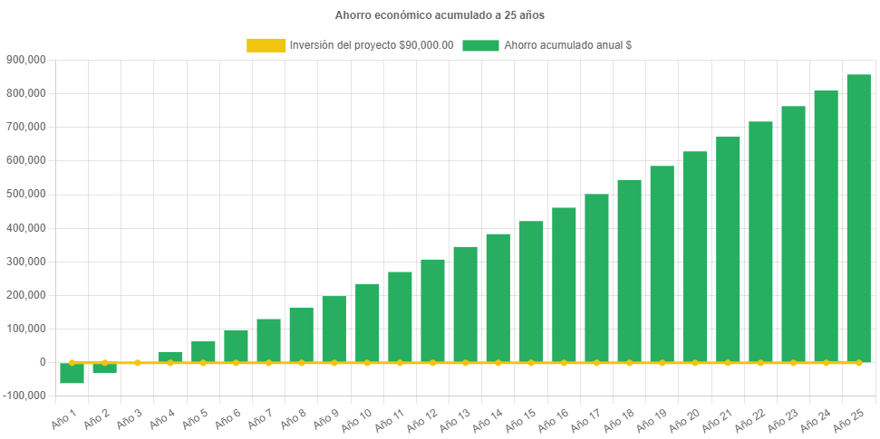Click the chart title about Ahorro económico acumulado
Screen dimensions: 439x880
440,15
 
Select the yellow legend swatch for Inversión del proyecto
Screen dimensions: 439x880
265,45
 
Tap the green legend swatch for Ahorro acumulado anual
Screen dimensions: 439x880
480,45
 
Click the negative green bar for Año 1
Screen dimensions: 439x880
72,373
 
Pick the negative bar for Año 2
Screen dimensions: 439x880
104,367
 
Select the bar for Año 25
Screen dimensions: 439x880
858,218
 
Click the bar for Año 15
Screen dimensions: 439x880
531,291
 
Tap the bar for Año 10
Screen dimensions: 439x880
367,322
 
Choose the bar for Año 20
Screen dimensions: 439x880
695,256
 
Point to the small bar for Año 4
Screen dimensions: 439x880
170,356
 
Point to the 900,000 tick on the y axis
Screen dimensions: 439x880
26,60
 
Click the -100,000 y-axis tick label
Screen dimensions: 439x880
24,396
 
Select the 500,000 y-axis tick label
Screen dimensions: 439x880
26,194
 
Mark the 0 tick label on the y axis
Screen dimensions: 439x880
43,362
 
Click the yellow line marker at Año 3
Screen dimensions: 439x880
138,362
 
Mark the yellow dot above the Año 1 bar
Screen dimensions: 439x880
72,362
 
